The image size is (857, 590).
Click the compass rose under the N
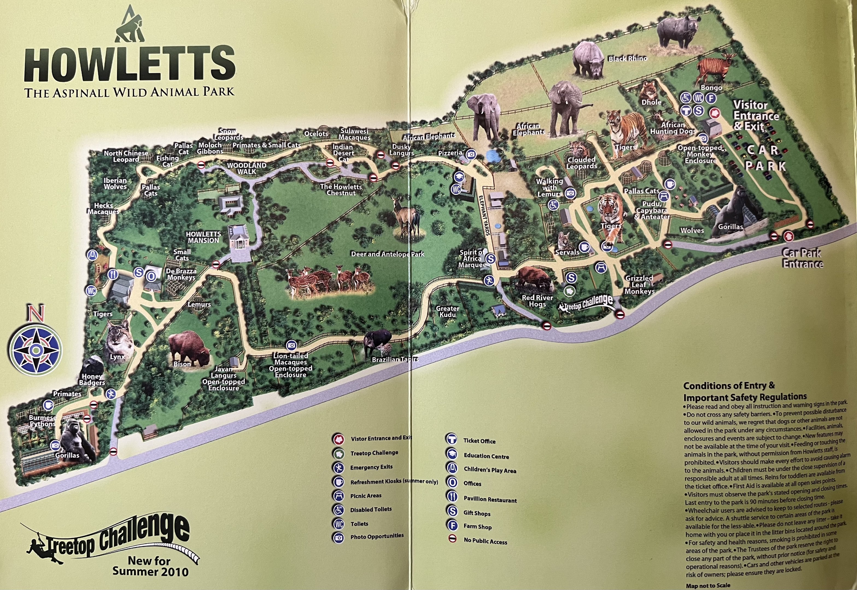click(36, 349)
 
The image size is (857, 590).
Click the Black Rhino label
click(628, 58)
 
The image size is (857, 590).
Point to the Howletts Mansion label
click(203, 237)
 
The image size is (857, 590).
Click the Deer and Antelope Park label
click(387, 254)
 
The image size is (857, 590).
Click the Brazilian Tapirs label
click(395, 359)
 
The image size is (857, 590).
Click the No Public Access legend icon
click(452, 539)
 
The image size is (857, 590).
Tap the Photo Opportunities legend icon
click(338, 537)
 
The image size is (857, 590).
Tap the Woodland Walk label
click(247, 168)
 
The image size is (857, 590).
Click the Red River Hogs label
click(537, 300)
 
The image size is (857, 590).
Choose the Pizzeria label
click(450, 153)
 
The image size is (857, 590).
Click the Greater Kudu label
click(447, 311)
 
